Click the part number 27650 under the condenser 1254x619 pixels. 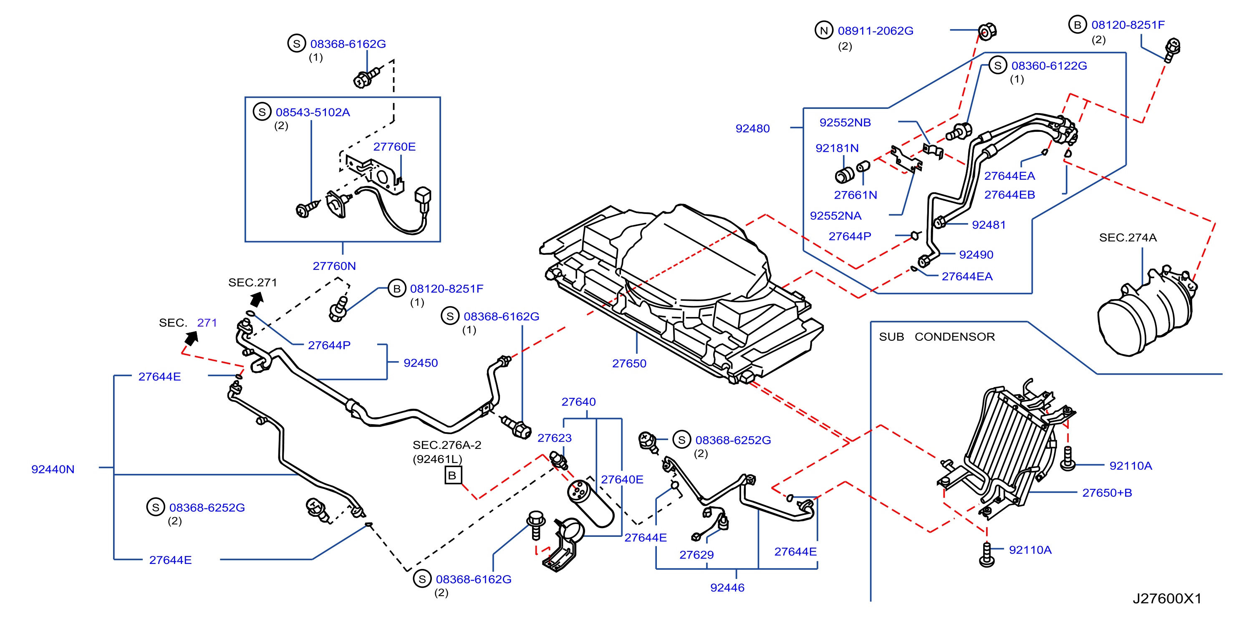629,364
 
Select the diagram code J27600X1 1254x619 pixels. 1167,598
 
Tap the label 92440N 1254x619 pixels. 53,469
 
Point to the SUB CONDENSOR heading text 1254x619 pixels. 936,337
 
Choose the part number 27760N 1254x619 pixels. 334,266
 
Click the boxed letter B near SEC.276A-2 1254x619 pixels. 453,475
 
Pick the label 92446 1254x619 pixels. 727,588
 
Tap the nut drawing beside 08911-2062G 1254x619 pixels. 987,32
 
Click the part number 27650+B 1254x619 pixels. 1107,493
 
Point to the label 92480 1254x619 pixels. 752,128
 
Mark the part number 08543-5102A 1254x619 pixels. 313,113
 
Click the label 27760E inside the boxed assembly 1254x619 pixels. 394,147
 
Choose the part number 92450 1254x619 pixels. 421,363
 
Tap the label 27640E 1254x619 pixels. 622,480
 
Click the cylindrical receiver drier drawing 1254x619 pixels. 590,504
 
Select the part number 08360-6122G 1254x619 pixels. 1049,66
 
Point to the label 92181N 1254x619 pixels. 837,148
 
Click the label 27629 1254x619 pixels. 696,555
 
